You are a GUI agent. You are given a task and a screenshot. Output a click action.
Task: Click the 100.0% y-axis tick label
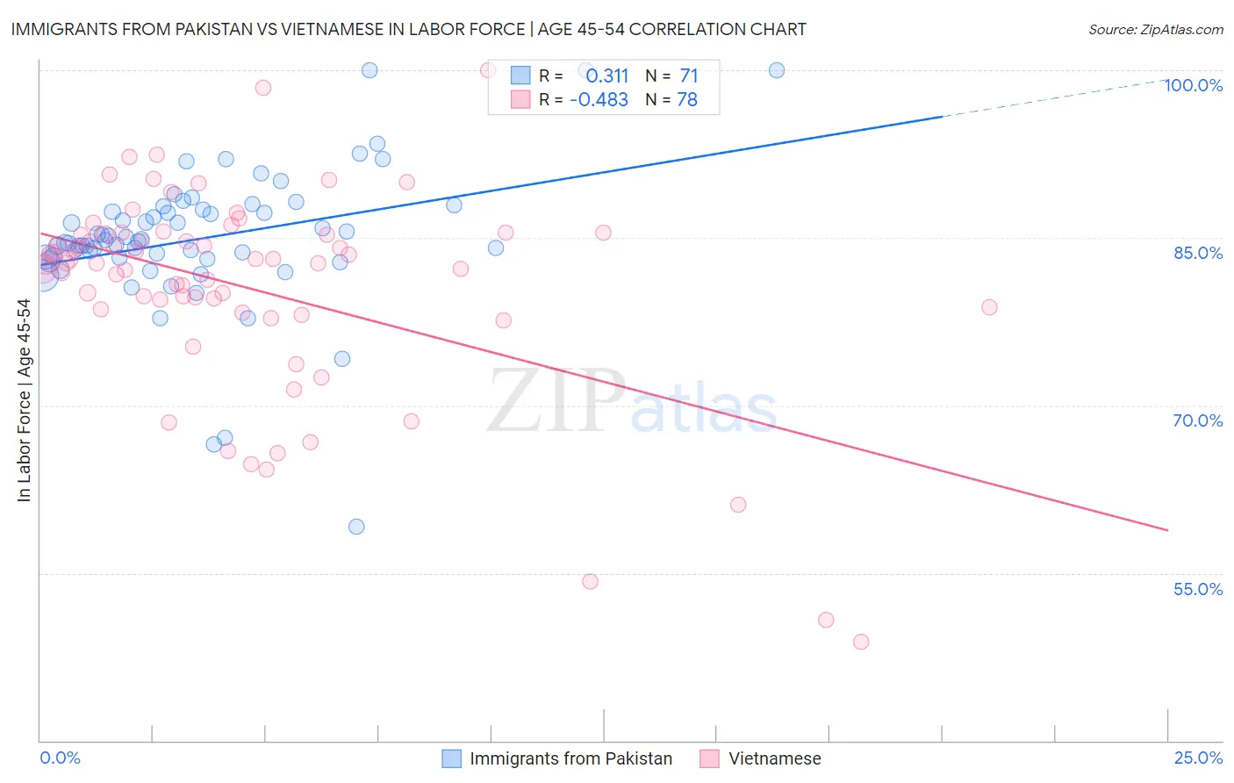click(1193, 85)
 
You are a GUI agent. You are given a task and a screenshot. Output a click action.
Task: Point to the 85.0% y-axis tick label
click(1198, 253)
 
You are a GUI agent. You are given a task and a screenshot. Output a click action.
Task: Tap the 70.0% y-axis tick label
click(1198, 420)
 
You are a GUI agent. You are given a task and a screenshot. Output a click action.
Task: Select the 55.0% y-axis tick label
click(1198, 589)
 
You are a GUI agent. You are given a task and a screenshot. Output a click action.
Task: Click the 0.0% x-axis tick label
click(60, 758)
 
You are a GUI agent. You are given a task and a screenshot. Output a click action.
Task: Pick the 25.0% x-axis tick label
click(1198, 758)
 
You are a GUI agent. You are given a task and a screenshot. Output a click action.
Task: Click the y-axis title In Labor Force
click(24, 400)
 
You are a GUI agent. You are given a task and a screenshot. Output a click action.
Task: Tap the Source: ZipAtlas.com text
click(1155, 30)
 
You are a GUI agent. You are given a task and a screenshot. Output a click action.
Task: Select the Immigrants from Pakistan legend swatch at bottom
click(451, 758)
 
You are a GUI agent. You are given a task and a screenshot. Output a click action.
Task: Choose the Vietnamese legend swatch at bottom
click(709, 758)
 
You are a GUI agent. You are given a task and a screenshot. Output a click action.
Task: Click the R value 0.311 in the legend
click(607, 76)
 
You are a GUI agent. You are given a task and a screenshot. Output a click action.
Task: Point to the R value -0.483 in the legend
click(599, 100)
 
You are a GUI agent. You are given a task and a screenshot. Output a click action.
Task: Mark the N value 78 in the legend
click(687, 100)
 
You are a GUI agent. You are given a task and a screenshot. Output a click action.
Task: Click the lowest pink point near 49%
click(861, 642)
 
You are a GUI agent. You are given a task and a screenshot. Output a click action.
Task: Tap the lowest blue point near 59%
click(356, 527)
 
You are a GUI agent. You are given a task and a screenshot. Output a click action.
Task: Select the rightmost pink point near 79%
click(989, 307)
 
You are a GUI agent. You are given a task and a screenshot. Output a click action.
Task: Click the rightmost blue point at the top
click(777, 70)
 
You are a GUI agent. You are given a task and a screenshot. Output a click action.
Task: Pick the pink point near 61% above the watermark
click(738, 505)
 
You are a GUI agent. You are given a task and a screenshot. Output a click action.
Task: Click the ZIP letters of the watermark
click(556, 400)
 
